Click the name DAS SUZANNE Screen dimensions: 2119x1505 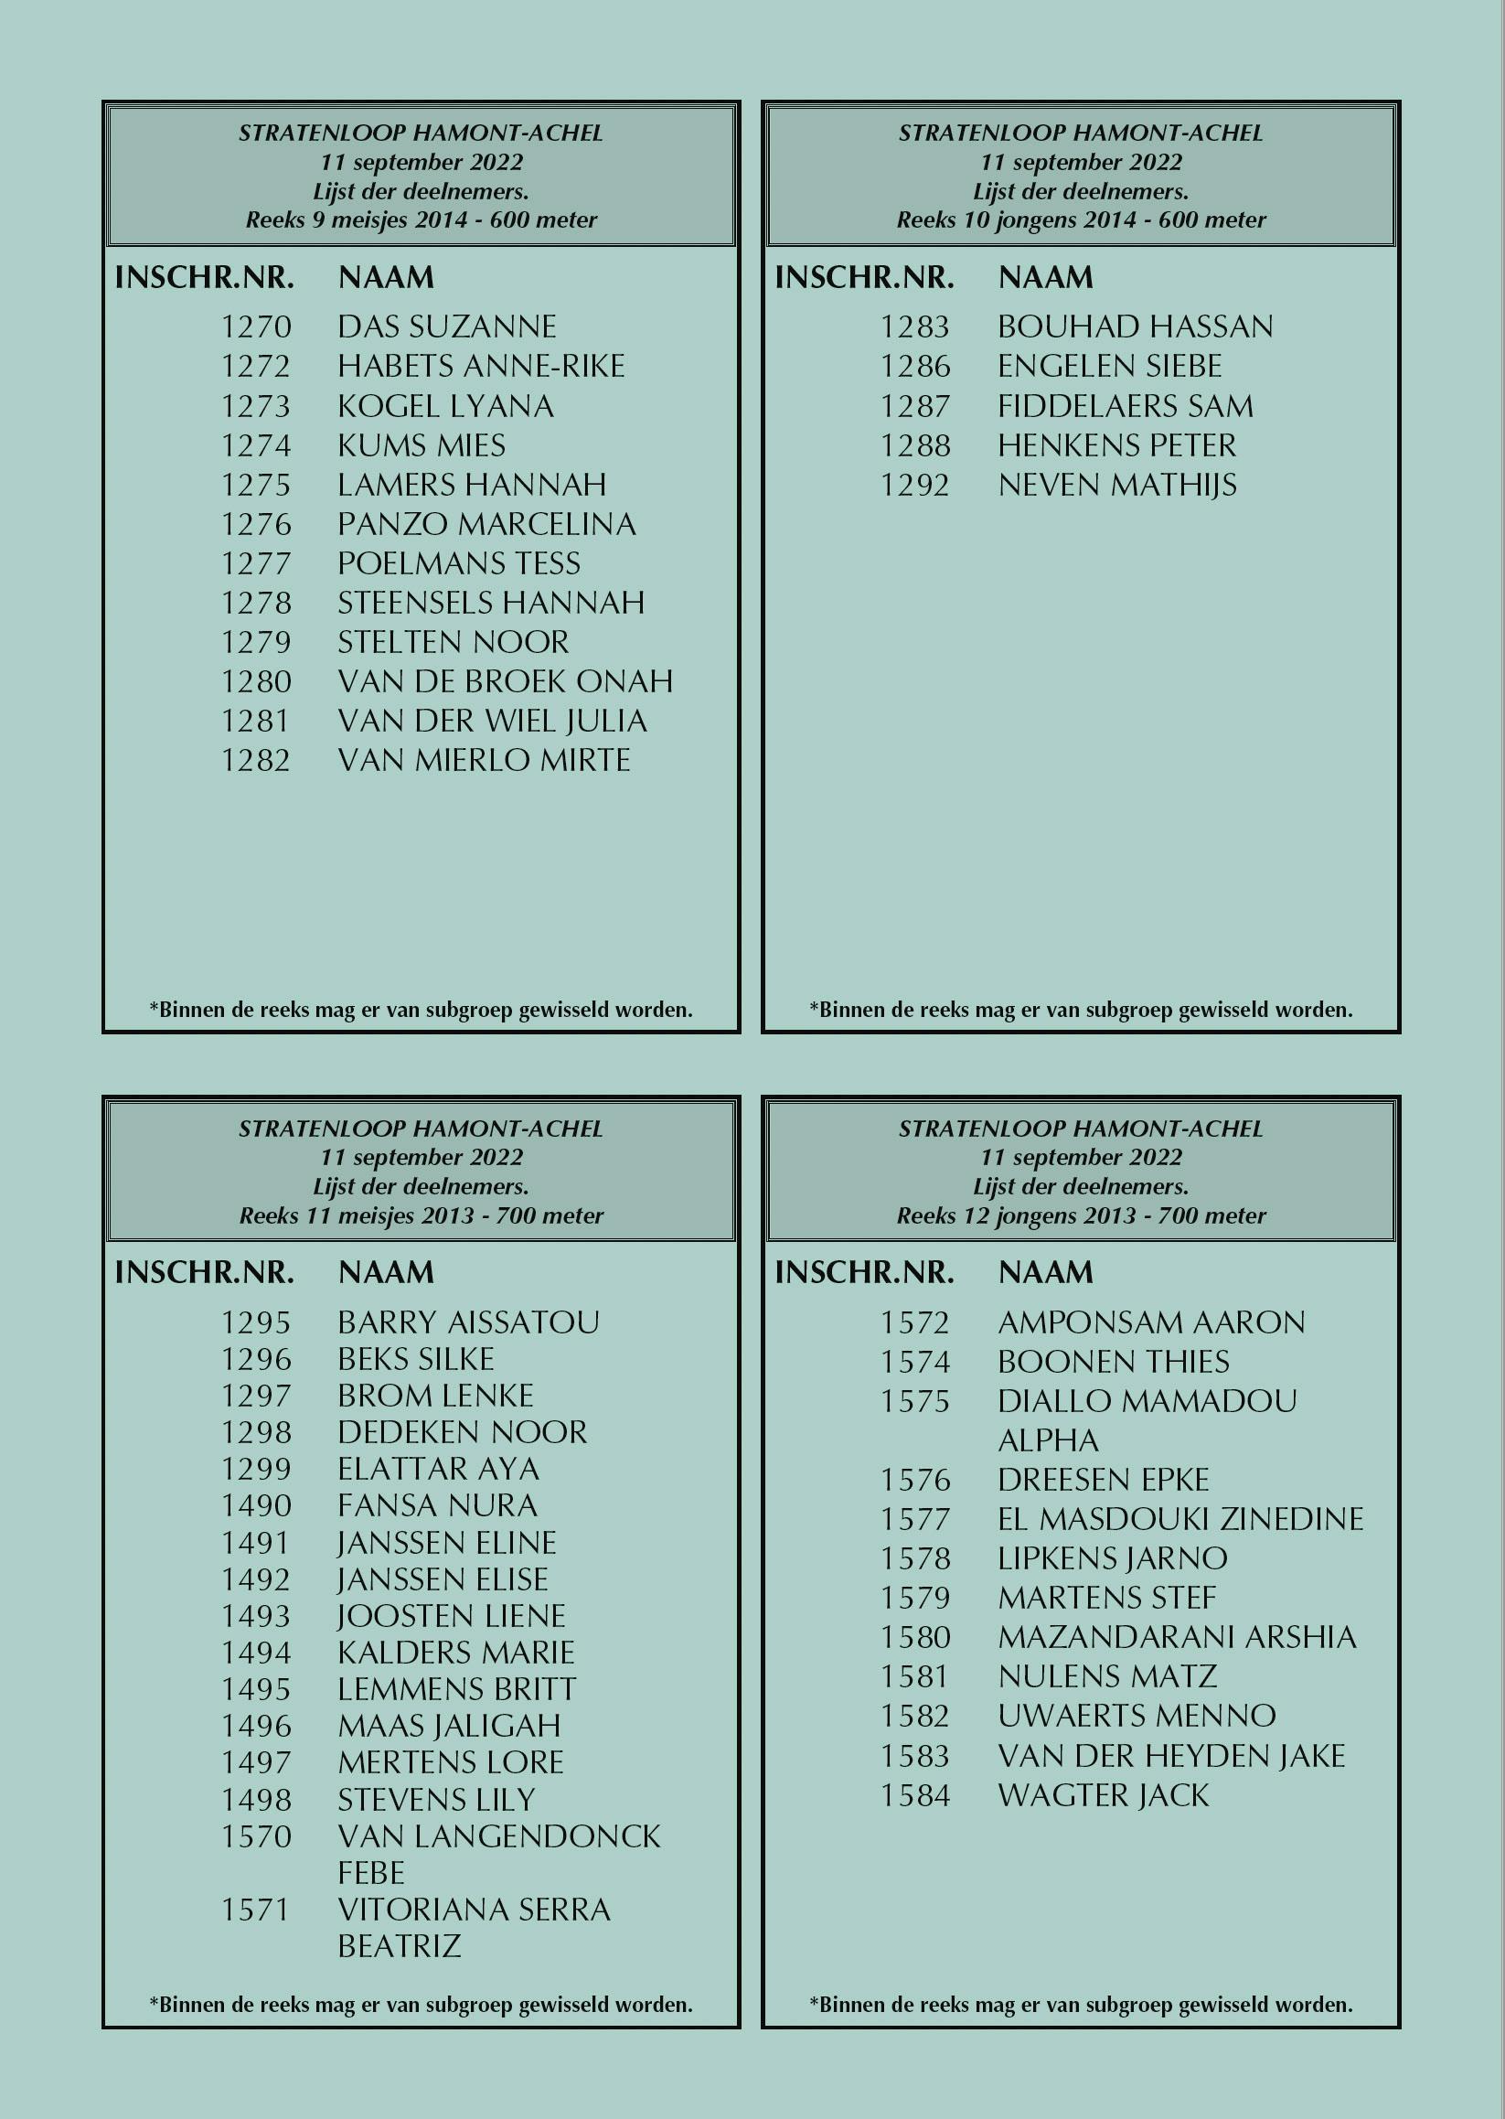[447, 327]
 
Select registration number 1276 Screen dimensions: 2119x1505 [256, 525]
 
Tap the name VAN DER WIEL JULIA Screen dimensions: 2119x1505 [492, 722]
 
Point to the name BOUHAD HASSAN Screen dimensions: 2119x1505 [1136, 327]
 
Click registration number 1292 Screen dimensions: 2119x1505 [914, 486]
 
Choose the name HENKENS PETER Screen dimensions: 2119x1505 [1116, 446]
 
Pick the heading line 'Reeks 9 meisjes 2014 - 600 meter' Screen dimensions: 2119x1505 [421, 220]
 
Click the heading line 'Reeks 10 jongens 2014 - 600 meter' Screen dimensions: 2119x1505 [1081, 220]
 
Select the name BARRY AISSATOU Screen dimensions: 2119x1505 [468, 1322]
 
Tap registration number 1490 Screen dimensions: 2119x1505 [256, 1506]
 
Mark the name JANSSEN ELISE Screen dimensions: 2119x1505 [442, 1579]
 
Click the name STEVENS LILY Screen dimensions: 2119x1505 [436, 1800]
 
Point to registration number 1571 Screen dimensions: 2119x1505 [256, 1910]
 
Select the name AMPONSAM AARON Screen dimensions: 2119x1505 [1151, 1322]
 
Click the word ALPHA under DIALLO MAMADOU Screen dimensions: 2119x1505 [1048, 1440]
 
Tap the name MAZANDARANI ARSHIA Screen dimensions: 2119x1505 [1177, 1637]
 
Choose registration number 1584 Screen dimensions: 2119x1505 [914, 1795]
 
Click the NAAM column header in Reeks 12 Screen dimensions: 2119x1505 [1045, 1273]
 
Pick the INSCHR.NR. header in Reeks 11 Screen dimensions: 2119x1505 [204, 1273]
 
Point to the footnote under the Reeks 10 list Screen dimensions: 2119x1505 [1081, 1010]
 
